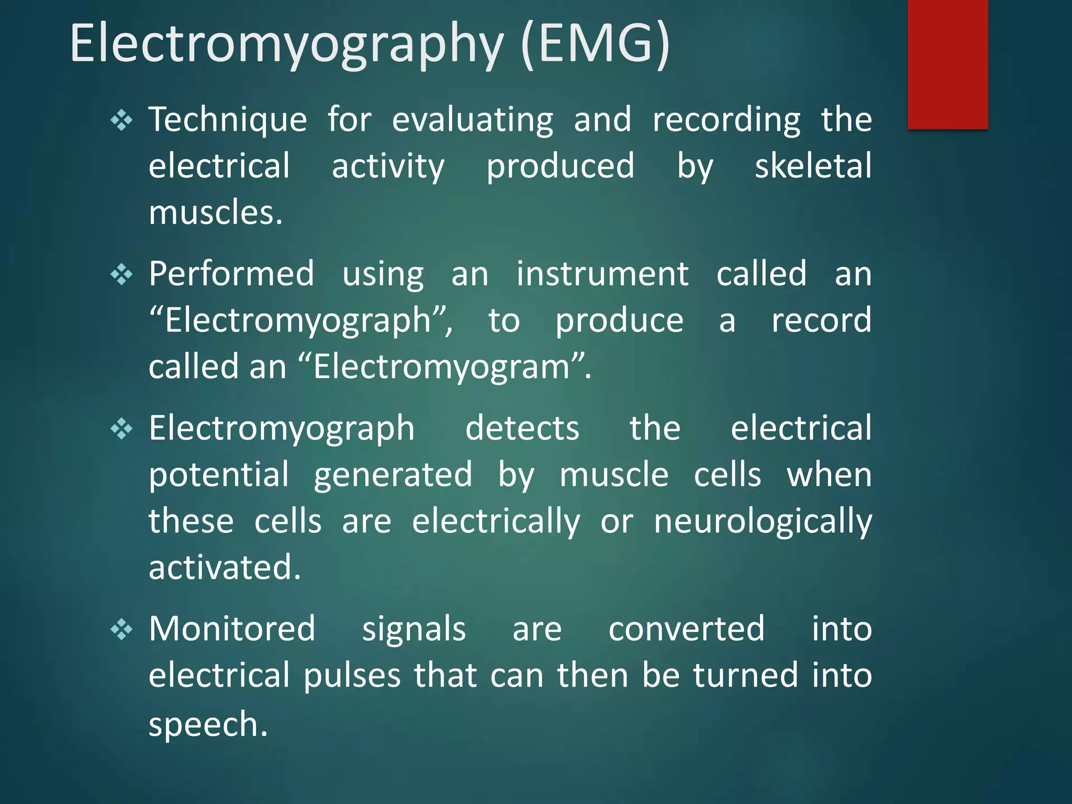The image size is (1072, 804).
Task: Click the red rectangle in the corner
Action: pyautogui.click(x=947, y=64)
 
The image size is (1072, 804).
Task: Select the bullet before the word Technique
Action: pyautogui.click(x=121, y=121)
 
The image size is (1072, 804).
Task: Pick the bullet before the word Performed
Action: pyautogui.click(x=121, y=274)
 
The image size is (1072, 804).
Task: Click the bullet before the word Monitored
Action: pyautogui.click(x=121, y=630)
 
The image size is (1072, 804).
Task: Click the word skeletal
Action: pyautogui.click(x=813, y=166)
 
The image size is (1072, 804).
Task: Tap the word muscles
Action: pyautogui.click(x=216, y=213)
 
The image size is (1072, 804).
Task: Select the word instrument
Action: pyautogui.click(x=602, y=274)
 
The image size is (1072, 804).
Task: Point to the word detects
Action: pyautogui.click(x=522, y=428)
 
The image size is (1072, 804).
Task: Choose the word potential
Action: pyautogui.click(x=219, y=475)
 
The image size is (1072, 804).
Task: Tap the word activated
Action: pyautogui.click(x=225, y=567)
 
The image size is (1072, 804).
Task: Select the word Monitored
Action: pyautogui.click(x=232, y=629)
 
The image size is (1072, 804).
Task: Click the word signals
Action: pyautogui.click(x=414, y=630)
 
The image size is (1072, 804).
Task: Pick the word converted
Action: pyautogui.click(x=686, y=629)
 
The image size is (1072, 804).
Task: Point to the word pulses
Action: pyautogui.click(x=352, y=676)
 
